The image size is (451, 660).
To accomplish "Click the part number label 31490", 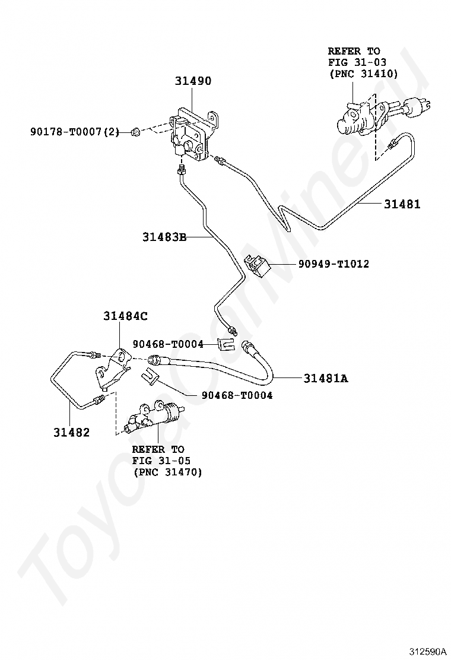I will tap(193, 81).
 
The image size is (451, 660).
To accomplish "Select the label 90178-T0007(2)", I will tap(74, 132).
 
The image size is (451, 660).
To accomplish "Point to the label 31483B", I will tap(164, 237).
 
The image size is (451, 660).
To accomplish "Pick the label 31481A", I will tap(326, 377).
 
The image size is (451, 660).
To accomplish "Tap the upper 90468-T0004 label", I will tap(168, 344).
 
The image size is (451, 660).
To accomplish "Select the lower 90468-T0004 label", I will tap(236, 395).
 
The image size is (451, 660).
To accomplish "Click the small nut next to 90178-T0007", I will tap(136, 132).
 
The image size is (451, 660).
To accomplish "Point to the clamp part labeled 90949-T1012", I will tap(257, 265).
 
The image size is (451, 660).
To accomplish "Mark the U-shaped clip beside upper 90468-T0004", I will tap(225, 345).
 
